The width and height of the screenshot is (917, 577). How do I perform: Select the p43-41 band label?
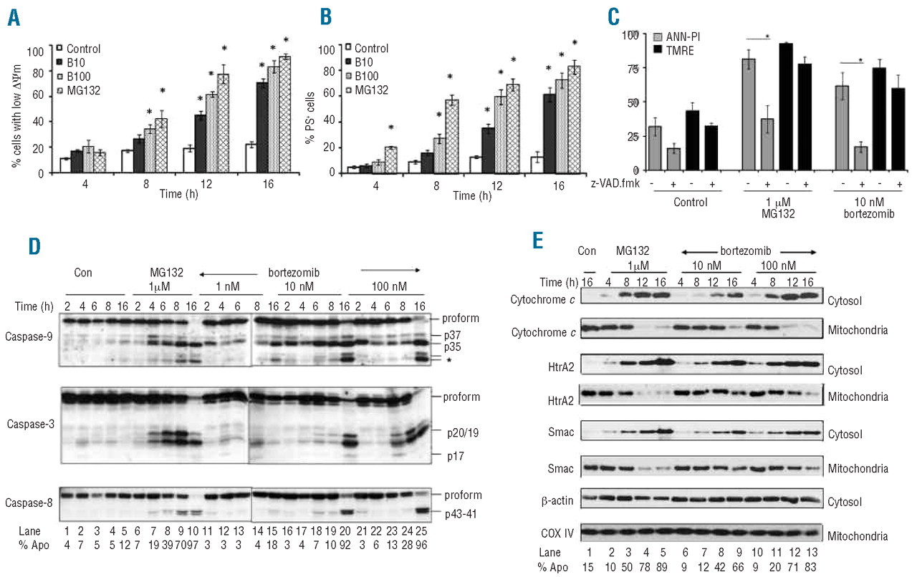(454, 511)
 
